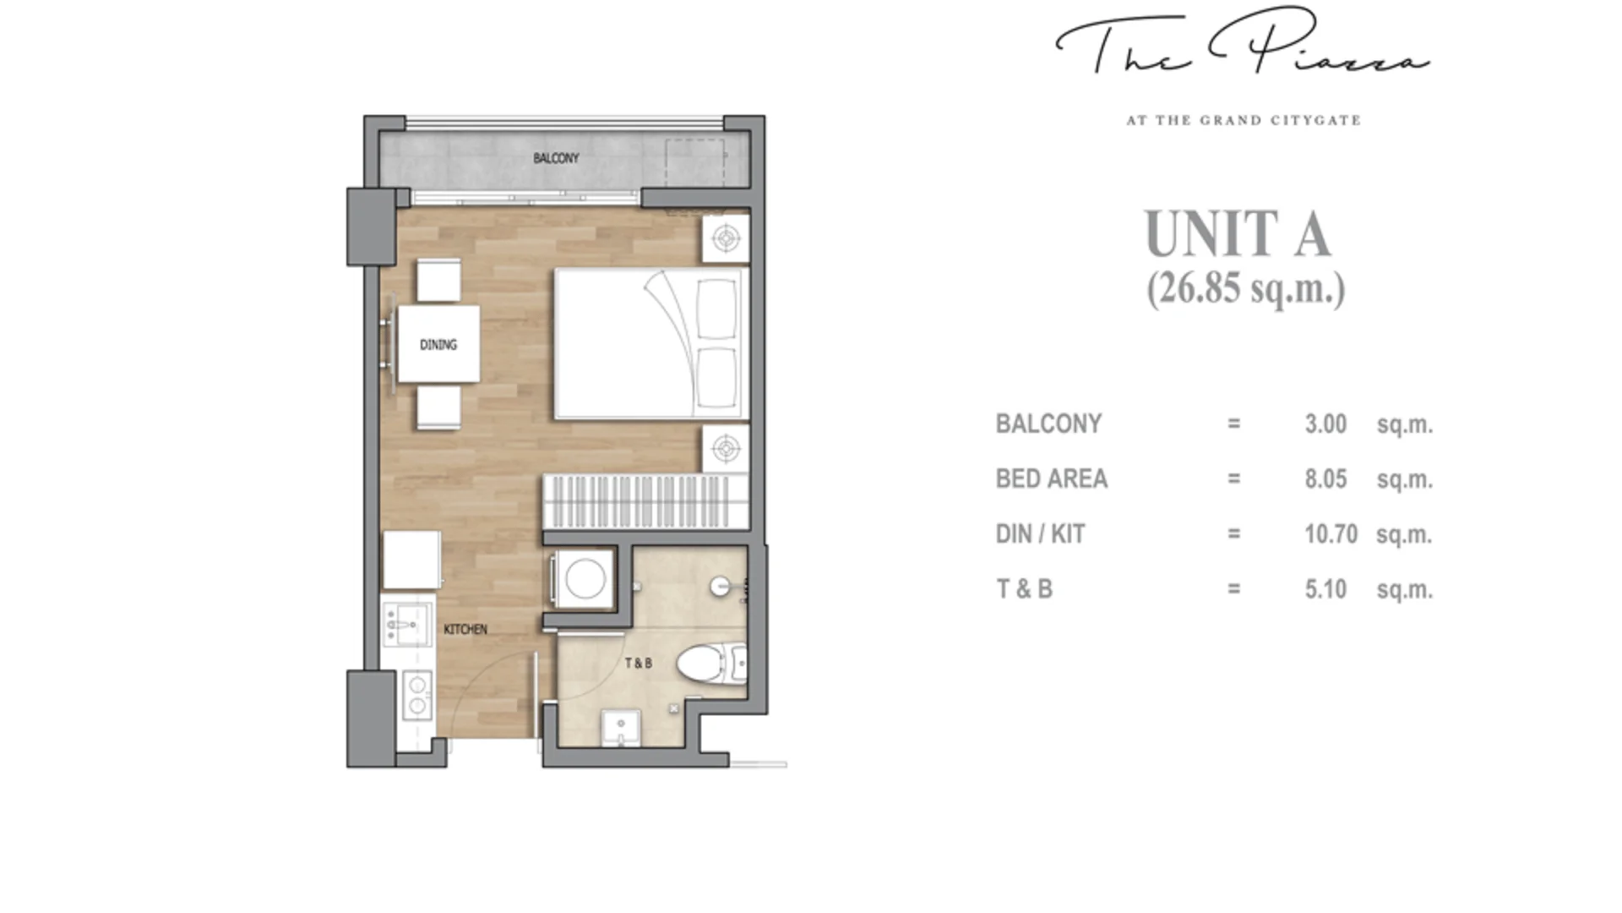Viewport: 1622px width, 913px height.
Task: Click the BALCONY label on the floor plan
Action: (x=556, y=158)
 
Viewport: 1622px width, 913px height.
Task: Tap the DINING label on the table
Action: (x=438, y=344)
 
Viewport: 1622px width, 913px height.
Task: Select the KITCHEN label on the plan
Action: (x=465, y=629)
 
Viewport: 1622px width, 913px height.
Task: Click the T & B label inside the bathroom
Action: (x=639, y=663)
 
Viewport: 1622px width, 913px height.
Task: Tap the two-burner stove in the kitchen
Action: (x=417, y=694)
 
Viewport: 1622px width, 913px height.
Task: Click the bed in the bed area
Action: (x=650, y=343)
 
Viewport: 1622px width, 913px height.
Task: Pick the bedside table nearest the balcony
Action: (x=726, y=238)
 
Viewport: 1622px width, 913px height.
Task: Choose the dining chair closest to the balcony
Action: (x=438, y=280)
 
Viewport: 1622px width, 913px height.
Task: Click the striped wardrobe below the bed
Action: (x=645, y=500)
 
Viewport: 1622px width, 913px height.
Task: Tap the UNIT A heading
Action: (x=1238, y=233)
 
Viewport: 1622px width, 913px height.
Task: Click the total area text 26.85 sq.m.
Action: (x=1245, y=289)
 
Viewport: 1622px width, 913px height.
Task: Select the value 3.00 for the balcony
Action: (x=1325, y=424)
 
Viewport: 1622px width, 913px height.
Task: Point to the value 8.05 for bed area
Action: (x=1325, y=479)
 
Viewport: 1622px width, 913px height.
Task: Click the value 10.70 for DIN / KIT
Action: (x=1331, y=534)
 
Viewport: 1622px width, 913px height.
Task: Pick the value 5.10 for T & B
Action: (x=1325, y=589)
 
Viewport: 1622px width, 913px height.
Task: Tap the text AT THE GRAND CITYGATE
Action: (x=1244, y=121)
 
